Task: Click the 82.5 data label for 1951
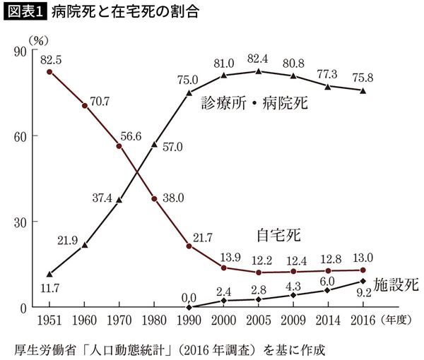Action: coord(50,57)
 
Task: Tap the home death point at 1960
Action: coord(85,106)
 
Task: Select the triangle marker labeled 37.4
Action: coord(119,200)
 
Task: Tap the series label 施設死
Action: coord(395,285)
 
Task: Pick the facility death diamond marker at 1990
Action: coord(189,307)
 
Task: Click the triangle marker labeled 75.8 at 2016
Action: coord(363,90)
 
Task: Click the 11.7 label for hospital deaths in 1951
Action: coord(48,288)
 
